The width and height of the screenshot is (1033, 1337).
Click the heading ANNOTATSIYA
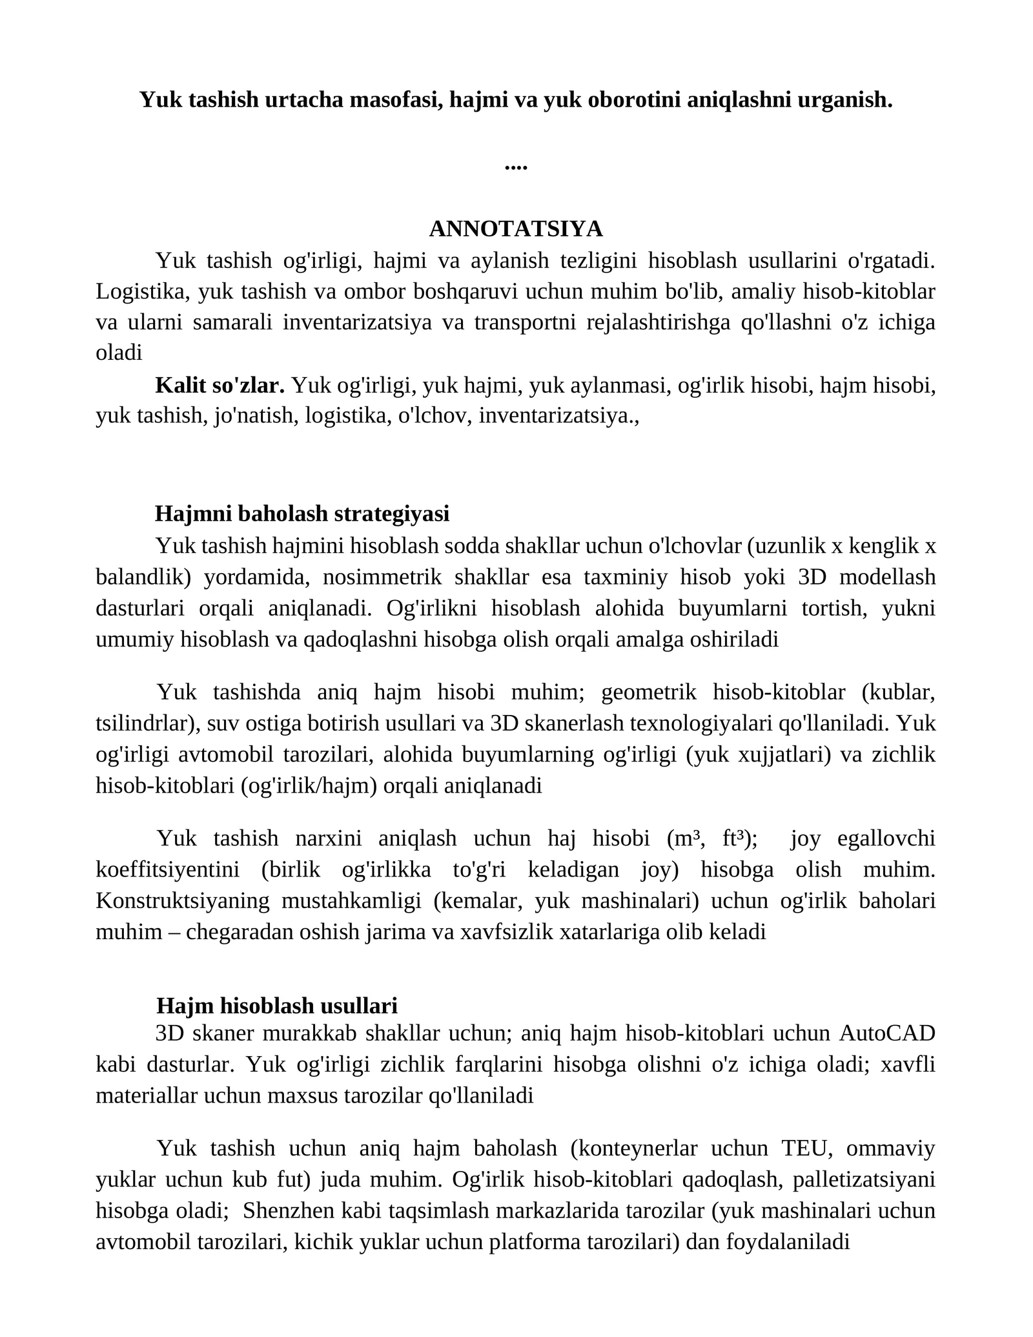[x=516, y=229]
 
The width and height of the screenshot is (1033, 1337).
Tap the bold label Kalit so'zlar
[x=220, y=385]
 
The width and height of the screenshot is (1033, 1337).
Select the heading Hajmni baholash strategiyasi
[x=302, y=513]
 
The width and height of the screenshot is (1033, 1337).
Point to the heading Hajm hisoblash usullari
[x=277, y=1006]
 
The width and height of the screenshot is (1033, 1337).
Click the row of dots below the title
[x=516, y=167]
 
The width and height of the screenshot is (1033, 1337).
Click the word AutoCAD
[x=887, y=1033]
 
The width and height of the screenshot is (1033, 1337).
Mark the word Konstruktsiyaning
[x=183, y=900]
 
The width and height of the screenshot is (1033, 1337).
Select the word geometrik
[x=648, y=692]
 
